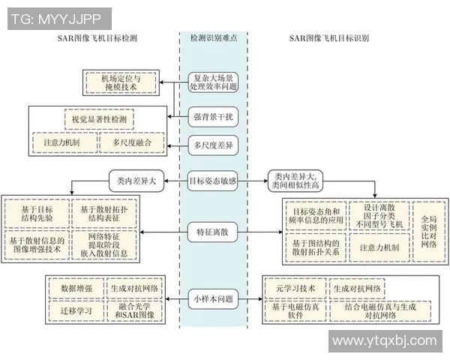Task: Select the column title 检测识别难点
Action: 214,37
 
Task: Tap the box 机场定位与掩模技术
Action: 120,82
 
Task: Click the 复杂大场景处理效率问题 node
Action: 214,82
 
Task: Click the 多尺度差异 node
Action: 214,145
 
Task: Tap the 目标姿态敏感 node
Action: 214,180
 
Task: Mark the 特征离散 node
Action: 214,233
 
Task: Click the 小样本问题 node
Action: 214,298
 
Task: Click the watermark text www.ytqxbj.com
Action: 384,341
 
